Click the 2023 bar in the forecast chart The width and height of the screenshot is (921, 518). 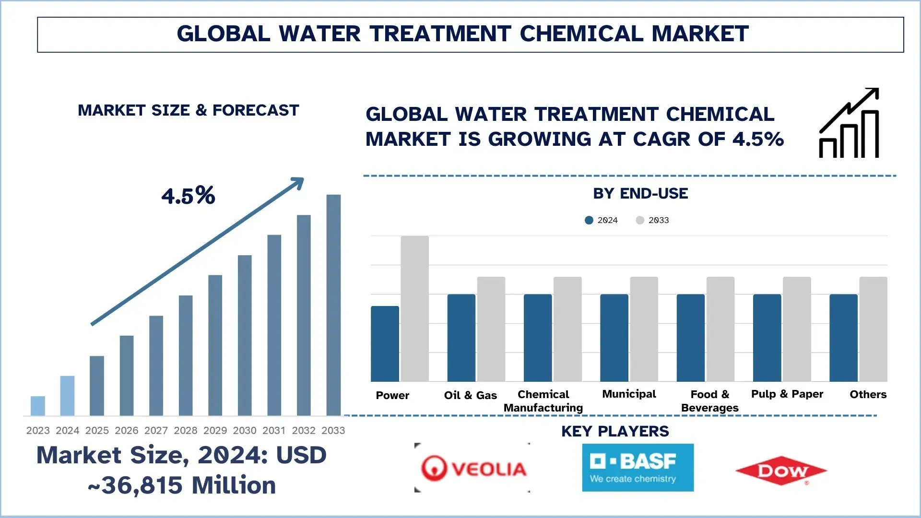coord(38,406)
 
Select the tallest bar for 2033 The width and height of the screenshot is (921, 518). coord(333,305)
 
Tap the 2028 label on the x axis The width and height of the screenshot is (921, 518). coord(186,430)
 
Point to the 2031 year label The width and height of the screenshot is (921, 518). coord(274,430)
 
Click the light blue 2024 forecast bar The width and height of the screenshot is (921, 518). coord(67,396)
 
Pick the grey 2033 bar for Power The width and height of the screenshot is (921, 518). coord(414,308)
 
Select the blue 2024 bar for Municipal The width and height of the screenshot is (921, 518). coord(614,338)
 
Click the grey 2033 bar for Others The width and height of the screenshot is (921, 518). coord(873,329)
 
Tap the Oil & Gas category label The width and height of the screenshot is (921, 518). coord(470,395)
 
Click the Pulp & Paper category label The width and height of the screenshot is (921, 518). coord(787,394)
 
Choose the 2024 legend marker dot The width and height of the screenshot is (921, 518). coord(589,220)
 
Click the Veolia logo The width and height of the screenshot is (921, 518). coord(473,468)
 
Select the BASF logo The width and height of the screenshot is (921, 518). coord(638,468)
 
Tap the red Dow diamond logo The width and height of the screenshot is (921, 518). coord(781,471)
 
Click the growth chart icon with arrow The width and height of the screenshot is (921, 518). coord(849,123)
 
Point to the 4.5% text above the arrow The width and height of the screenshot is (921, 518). coord(188,196)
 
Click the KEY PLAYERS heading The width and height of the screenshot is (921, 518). coord(615,431)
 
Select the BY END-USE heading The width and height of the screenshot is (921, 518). coord(640,193)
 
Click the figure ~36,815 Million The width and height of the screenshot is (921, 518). coord(182,485)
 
